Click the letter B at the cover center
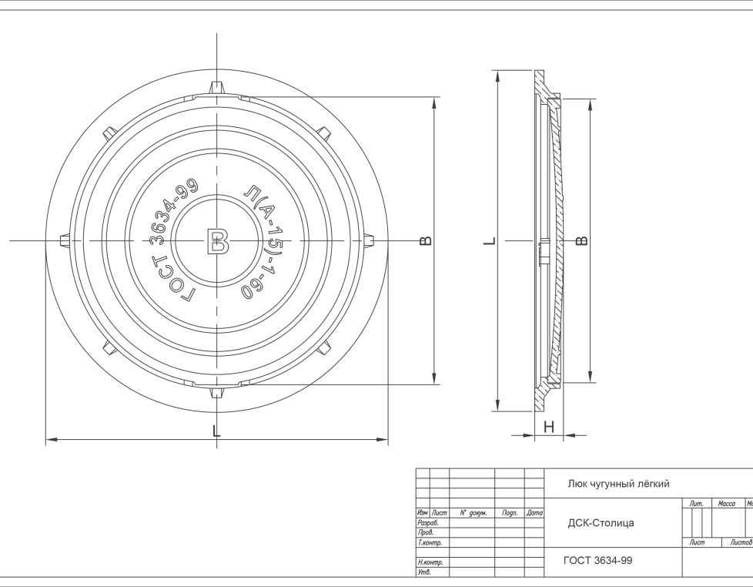pos(218,241)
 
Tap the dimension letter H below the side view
pos(549,427)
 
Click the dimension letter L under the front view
pos(216,431)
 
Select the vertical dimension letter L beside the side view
pos(490,240)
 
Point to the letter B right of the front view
pos(426,240)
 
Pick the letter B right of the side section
pos(581,240)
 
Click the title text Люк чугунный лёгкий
pos(618,484)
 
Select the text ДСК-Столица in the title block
pos(601,522)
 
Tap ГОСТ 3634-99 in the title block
pos(598,561)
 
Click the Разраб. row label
pos(428,523)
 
